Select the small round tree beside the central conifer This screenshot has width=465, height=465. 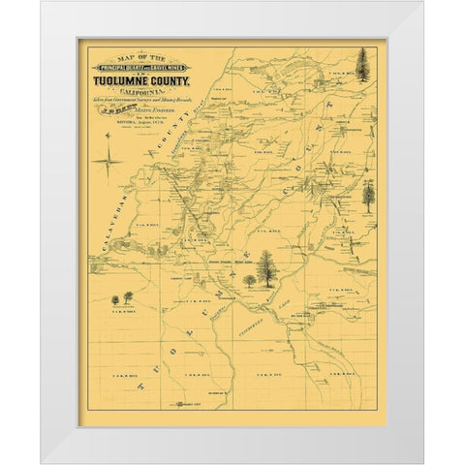[249, 280]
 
